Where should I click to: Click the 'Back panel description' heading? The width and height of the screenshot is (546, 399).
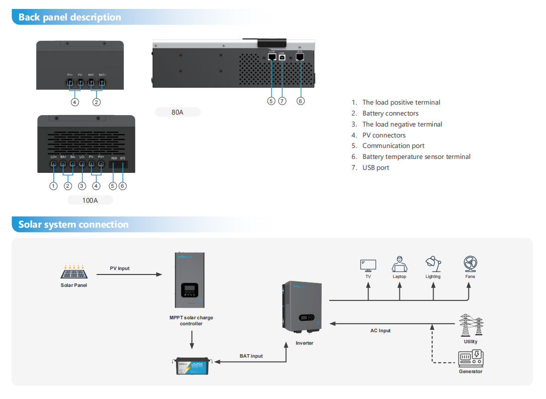click(70, 17)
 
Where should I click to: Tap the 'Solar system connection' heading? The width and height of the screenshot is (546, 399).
click(73, 225)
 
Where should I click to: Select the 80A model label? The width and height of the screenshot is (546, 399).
click(178, 112)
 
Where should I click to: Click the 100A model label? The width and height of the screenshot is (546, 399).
click(90, 200)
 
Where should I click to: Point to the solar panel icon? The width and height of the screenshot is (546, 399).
click(74, 271)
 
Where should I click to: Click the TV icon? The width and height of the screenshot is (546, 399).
click(368, 265)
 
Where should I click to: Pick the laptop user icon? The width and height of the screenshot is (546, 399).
click(399, 264)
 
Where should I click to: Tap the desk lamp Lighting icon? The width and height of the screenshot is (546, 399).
click(433, 264)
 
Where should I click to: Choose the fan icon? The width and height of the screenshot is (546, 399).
click(470, 264)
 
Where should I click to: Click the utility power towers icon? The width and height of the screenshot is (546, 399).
click(470, 325)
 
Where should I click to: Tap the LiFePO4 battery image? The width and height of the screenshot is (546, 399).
click(193, 367)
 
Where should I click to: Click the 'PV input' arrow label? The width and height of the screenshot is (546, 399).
click(119, 268)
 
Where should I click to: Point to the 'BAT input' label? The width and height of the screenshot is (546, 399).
click(251, 356)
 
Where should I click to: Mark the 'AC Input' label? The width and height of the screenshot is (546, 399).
click(380, 331)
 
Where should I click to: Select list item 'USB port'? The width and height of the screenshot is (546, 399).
click(375, 168)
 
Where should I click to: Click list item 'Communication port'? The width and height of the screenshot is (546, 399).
click(393, 146)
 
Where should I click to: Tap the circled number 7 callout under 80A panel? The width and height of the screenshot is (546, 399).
click(282, 101)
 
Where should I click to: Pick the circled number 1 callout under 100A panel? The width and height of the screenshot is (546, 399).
click(53, 186)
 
